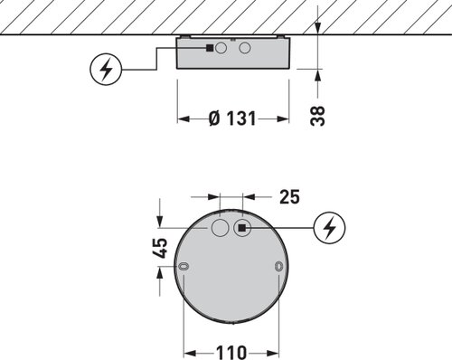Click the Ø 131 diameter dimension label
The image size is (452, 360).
click(x=232, y=118)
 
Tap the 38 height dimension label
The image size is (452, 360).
click(x=317, y=116)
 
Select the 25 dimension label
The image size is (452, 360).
click(x=289, y=197)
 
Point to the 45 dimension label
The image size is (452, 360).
click(x=159, y=248)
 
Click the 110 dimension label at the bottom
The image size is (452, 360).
click(x=231, y=353)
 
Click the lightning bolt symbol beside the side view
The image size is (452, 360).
click(x=106, y=70)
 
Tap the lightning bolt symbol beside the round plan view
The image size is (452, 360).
click(x=329, y=227)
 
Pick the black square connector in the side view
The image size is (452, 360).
click(x=210, y=48)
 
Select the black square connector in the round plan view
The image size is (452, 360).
click(x=241, y=228)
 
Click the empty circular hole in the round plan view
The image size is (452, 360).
click(x=220, y=228)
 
